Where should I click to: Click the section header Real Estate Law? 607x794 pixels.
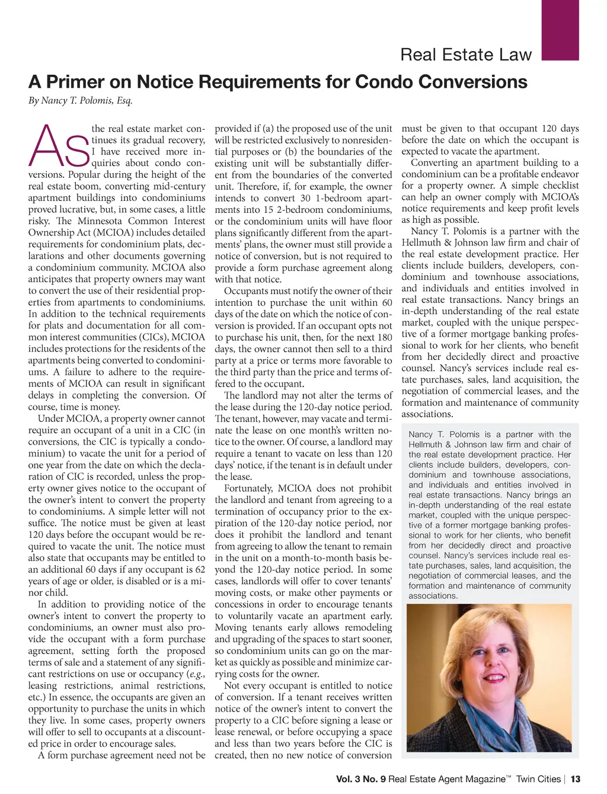coord(466,55)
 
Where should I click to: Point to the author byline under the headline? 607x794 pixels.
coord(80,100)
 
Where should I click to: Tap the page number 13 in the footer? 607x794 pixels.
coord(575,779)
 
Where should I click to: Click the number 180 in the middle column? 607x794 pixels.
coord(385,337)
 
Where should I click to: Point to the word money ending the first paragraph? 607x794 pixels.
coord(105,407)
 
